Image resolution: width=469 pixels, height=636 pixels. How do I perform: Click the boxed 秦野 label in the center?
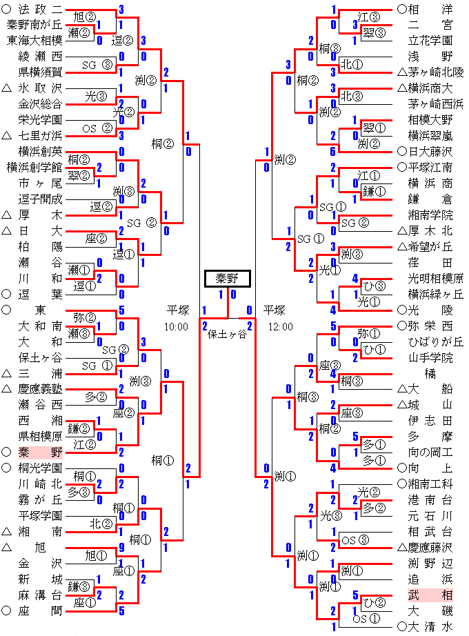pos(227,279)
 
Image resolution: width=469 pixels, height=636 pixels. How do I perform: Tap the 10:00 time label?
pos(177,326)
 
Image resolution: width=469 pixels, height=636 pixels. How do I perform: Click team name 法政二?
pos(40,10)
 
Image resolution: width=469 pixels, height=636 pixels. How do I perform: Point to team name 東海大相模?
pos(34,40)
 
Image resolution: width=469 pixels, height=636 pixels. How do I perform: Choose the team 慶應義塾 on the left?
pos(40,389)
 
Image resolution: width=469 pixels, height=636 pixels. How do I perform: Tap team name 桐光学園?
pos(40,468)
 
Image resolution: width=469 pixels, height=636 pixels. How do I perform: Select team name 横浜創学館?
pos(34,168)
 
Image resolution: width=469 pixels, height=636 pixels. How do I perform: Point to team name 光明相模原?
pos(436,278)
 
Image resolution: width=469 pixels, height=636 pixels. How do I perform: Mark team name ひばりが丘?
pos(436,341)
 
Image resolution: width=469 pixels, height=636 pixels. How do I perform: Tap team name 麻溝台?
pos(40,595)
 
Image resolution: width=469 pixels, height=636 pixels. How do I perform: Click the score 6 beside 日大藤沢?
pos(334,151)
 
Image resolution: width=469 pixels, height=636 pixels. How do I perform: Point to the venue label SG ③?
pos(97,65)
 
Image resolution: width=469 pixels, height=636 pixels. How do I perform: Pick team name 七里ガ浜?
pos(40,135)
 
